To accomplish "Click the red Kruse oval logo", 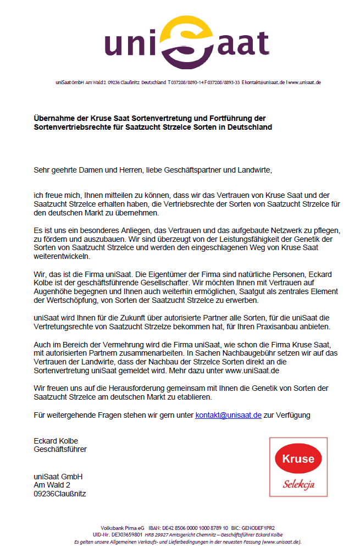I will tap(298, 459).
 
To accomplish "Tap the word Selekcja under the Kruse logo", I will tap(298, 484).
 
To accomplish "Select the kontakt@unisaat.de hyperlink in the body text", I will tap(228, 415).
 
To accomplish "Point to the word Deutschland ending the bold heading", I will tap(250, 127).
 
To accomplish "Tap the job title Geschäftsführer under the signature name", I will tap(60, 449).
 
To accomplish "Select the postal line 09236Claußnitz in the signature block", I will tap(59, 494).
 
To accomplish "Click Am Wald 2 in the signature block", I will tap(52, 485).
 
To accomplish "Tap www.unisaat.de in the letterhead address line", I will tap(304, 82).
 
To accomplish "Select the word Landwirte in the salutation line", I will tap(254, 170).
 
